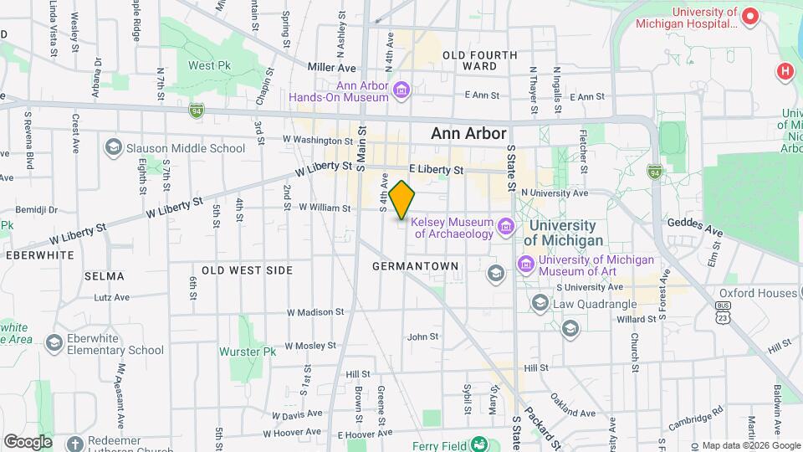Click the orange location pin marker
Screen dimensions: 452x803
pyautogui.click(x=402, y=199)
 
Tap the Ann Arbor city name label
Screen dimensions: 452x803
pyautogui.click(x=468, y=134)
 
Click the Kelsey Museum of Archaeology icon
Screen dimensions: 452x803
pyautogui.click(x=505, y=227)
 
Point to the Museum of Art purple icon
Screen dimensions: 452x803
pyautogui.click(x=526, y=265)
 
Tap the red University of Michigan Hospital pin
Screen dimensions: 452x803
pyautogui.click(x=750, y=17)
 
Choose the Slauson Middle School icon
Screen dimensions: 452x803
pyautogui.click(x=113, y=148)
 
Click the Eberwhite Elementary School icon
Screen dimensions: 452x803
pyautogui.click(x=54, y=343)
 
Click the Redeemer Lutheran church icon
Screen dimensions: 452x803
pyautogui.click(x=74, y=443)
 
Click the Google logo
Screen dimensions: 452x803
pyautogui.click(x=28, y=442)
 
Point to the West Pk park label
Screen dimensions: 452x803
pyautogui.click(x=208, y=65)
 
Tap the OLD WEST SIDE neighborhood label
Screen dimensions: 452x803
pyautogui.click(x=247, y=270)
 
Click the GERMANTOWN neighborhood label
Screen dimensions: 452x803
pyautogui.click(x=416, y=266)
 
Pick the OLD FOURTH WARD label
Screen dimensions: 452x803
pyautogui.click(x=480, y=60)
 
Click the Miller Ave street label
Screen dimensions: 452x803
pyautogui.click(x=331, y=68)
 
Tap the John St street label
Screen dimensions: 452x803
pyautogui.click(x=422, y=337)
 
